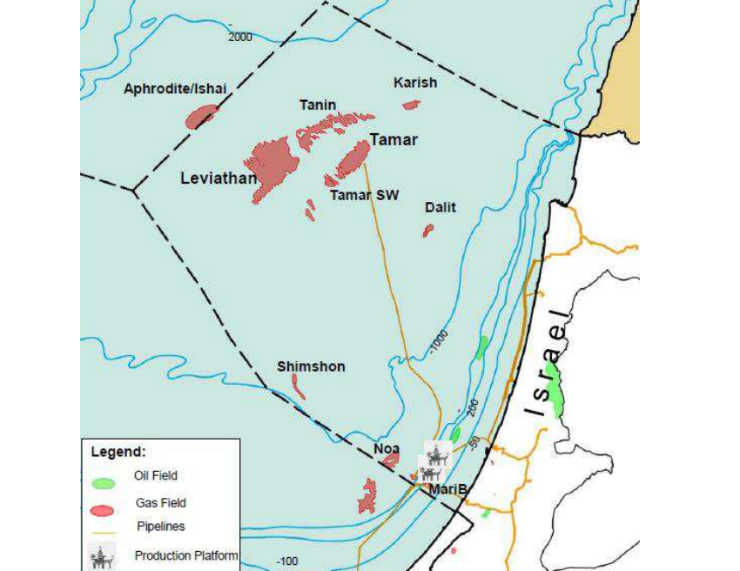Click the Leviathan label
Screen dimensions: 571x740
[219, 178]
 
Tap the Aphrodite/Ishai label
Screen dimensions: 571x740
[175, 89]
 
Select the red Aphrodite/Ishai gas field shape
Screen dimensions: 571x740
[202, 116]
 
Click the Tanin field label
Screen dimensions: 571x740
[318, 105]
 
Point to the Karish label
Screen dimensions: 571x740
[415, 83]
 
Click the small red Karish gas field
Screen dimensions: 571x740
[411, 104]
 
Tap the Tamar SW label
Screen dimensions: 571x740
[364, 195]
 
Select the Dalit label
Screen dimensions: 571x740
[441, 207]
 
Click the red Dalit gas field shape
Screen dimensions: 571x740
[427, 231]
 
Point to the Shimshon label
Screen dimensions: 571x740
[311, 366]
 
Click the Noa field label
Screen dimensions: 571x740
[387, 447]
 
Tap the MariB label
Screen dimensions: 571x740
[447, 490]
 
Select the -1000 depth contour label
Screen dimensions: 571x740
[438, 342]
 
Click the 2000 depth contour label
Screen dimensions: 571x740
[239, 37]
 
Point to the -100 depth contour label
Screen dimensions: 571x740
[286, 561]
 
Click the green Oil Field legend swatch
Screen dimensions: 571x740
[103, 482]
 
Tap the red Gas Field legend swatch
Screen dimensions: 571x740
[103, 509]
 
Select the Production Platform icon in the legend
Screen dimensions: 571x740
[104, 555]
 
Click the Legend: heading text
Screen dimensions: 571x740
[118, 452]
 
